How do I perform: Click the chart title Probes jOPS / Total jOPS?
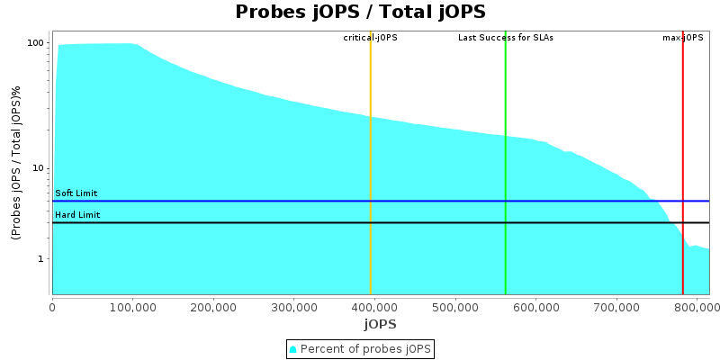[x=360, y=13]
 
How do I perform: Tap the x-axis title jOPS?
[x=380, y=324]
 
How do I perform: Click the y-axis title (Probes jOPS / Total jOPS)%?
[x=16, y=163]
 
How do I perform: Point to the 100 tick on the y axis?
[x=36, y=43]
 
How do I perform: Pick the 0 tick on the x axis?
[x=52, y=306]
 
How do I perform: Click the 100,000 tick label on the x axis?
[x=132, y=306]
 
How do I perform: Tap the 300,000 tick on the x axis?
[x=293, y=306]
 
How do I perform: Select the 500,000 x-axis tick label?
[x=454, y=306]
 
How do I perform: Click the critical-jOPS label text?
[x=370, y=38]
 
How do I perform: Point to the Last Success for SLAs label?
[x=505, y=38]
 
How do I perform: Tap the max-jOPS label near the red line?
[x=682, y=38]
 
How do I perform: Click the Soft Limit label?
[x=76, y=193]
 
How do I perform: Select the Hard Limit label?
[x=76, y=215]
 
